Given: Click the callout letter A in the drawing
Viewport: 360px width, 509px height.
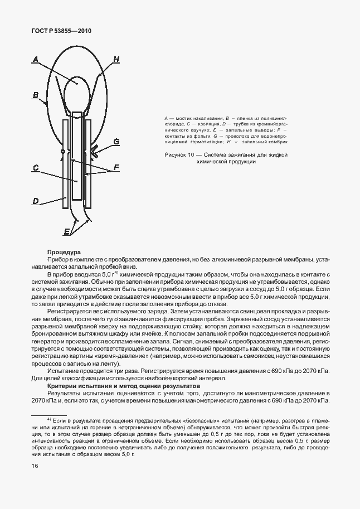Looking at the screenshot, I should (x=35, y=59).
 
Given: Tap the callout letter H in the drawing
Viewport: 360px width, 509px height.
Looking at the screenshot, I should (x=116, y=59).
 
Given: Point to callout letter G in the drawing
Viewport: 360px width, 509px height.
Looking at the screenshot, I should (x=116, y=142).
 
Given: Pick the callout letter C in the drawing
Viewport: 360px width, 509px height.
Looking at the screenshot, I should (x=35, y=167).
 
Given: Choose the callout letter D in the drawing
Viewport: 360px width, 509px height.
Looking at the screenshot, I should (x=35, y=200).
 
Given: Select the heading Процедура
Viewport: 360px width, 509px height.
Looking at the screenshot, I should (x=64, y=253).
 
